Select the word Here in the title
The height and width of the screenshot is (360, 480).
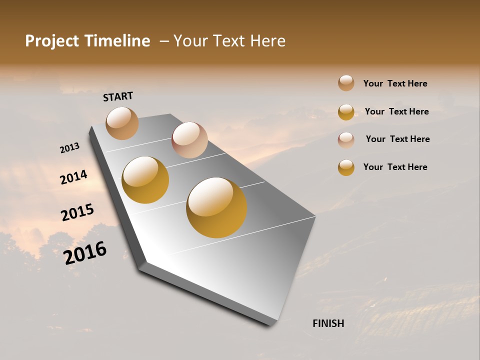click(x=267, y=41)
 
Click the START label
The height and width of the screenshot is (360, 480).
click(x=118, y=96)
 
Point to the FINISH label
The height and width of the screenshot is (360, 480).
click(x=328, y=323)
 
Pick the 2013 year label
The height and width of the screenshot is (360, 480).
click(x=70, y=148)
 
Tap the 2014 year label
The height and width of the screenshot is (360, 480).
click(x=74, y=177)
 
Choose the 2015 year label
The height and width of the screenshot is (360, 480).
click(x=77, y=212)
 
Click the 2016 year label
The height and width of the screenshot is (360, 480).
click(x=85, y=252)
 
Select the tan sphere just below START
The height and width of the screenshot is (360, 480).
click(x=122, y=123)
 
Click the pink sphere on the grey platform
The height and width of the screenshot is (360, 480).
click(x=189, y=140)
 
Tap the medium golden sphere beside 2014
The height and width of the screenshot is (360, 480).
click(x=145, y=180)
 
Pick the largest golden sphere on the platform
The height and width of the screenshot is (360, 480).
click(x=216, y=207)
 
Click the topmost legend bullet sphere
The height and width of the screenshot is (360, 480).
click(x=346, y=83)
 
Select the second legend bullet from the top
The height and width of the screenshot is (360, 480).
click(x=346, y=112)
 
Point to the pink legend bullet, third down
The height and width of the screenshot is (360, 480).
click(x=346, y=140)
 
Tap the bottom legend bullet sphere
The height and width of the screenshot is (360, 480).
click(x=346, y=167)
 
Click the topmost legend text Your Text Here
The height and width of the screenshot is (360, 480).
click(x=395, y=83)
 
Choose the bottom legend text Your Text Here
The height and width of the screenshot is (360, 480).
click(x=395, y=167)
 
